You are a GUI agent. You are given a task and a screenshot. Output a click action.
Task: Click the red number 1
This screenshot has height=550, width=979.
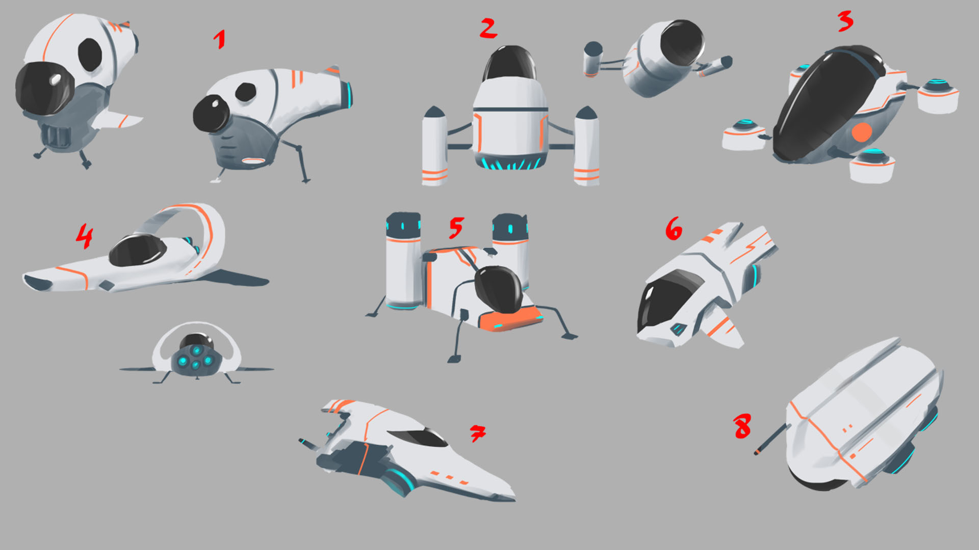[220, 39]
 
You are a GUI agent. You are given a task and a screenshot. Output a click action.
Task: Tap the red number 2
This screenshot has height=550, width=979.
[488, 28]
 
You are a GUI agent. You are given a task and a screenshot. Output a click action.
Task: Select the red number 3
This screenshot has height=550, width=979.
[845, 21]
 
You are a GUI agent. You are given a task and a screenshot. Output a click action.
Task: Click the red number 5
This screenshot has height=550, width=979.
[456, 228]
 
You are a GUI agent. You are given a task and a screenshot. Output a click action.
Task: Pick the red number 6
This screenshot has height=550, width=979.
[674, 228]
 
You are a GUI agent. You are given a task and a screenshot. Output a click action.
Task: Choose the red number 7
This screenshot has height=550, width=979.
[477, 433]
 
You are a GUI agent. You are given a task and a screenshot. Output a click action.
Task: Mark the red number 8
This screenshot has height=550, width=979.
[742, 426]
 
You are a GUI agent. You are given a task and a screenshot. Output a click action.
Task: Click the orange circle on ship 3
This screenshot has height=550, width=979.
[862, 132]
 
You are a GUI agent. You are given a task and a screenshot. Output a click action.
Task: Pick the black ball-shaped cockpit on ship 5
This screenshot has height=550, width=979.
[499, 289]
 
